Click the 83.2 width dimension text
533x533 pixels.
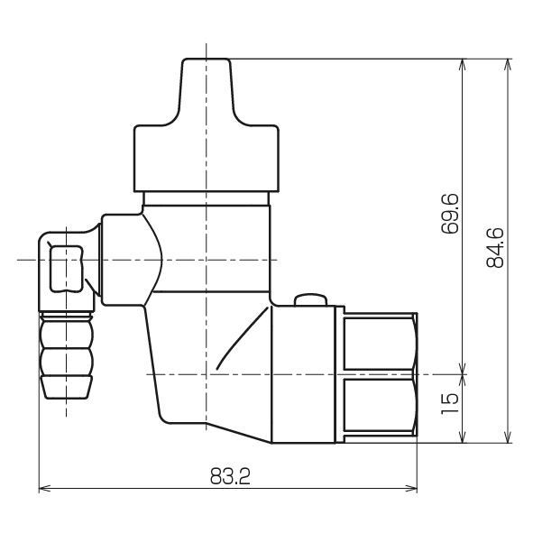click(230, 476)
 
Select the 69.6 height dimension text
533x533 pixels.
click(450, 214)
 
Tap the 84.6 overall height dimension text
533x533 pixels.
click(495, 247)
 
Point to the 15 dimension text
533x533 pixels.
click(450, 403)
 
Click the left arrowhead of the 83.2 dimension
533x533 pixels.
click(44, 489)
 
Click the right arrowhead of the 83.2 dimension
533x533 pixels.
click(411, 489)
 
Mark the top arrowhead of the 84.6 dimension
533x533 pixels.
click(508, 65)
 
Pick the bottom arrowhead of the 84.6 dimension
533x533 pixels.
click(508, 437)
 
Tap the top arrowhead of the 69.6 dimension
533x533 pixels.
click(463, 65)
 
